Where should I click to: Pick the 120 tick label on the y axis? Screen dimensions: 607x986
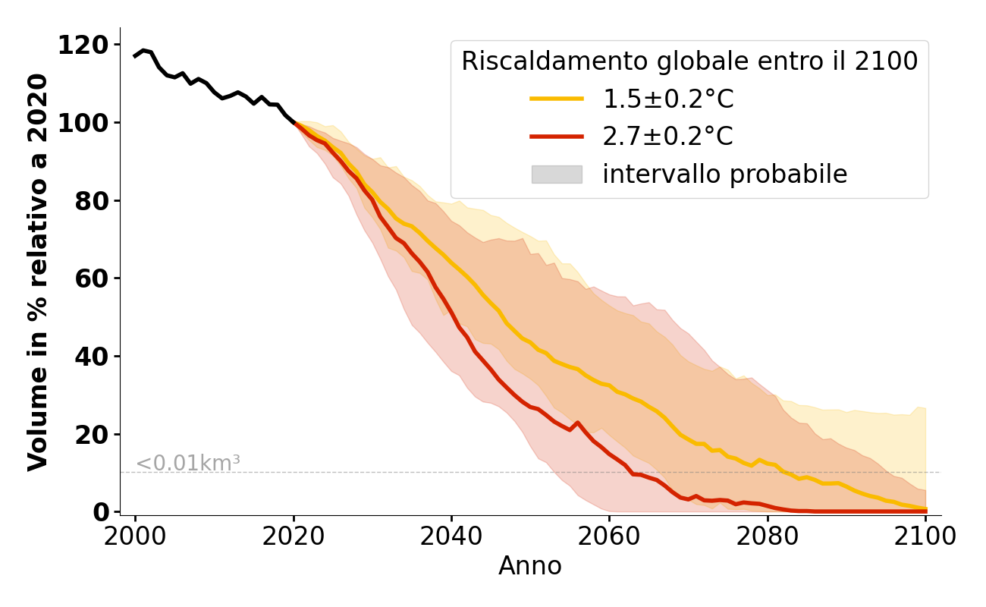[x=83, y=45]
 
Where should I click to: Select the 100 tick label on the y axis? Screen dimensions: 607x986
[x=83, y=123]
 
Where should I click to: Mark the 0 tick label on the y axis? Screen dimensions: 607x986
[x=102, y=512]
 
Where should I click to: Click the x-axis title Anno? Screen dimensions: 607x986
[x=530, y=566]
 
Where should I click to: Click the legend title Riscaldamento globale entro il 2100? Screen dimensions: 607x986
[x=689, y=61]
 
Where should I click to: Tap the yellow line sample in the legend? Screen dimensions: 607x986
[x=557, y=99]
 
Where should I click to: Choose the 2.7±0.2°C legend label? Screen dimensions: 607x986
[x=667, y=137]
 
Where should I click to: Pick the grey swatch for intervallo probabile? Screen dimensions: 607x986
[x=557, y=175]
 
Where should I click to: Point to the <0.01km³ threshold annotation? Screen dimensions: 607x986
[x=187, y=463]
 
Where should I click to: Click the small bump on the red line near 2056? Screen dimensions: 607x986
[x=577, y=423]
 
